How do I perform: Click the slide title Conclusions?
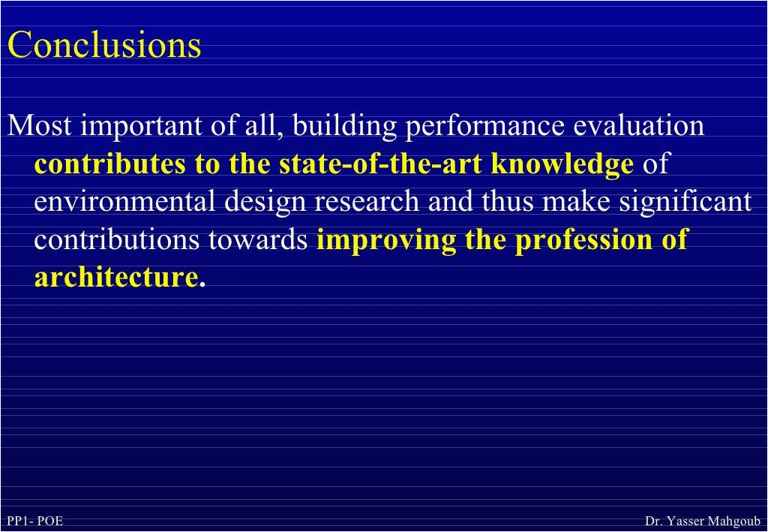pos(104,44)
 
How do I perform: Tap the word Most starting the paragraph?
pos(39,125)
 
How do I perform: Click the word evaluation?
pos(639,125)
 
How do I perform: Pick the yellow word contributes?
pos(109,164)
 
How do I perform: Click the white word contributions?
pos(117,240)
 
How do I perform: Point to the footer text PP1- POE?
pos(34,521)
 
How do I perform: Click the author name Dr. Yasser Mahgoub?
pos(703,521)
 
